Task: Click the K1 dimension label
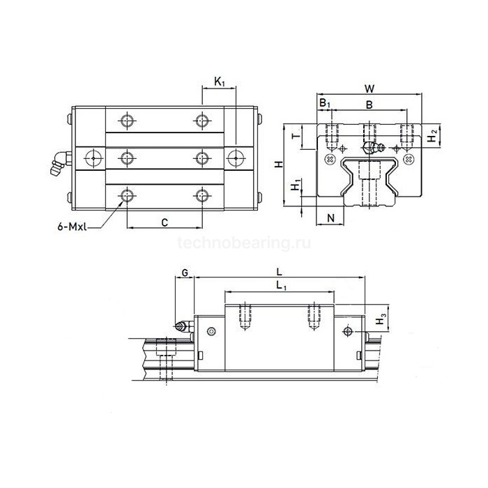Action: tap(220, 82)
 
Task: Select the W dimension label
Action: tap(369, 89)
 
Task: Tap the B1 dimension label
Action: tap(325, 102)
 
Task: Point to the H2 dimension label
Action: tap(433, 135)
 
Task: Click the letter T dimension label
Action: tap(297, 136)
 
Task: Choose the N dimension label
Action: tap(331, 218)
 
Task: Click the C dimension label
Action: tap(165, 222)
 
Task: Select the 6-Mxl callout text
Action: tap(72, 227)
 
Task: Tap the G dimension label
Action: tap(185, 273)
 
